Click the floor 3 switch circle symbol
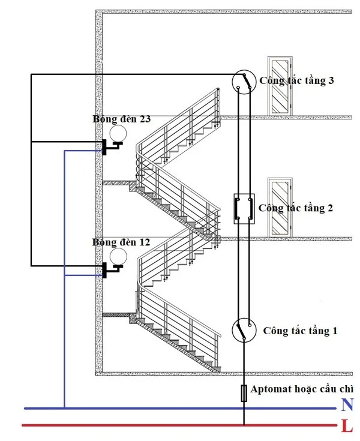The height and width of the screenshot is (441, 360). (x=244, y=82)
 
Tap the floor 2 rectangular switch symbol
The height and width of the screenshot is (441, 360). (x=244, y=208)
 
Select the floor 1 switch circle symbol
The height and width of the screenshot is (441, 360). (x=244, y=331)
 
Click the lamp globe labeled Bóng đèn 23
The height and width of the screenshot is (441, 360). (x=118, y=133)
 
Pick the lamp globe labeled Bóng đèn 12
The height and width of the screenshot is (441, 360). (x=118, y=256)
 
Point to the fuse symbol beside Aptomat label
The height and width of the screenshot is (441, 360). (x=244, y=393)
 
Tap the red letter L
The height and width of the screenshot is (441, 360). (x=346, y=427)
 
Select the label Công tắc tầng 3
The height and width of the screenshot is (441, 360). (x=296, y=81)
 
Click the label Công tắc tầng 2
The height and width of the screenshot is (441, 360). (x=295, y=208)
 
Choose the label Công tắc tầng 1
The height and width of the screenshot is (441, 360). (x=300, y=331)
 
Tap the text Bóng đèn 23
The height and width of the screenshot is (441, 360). (x=121, y=119)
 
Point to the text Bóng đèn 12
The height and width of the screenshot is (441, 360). (x=121, y=242)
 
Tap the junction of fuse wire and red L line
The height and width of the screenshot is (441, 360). (x=244, y=426)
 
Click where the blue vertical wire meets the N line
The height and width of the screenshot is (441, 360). (x=64, y=409)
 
